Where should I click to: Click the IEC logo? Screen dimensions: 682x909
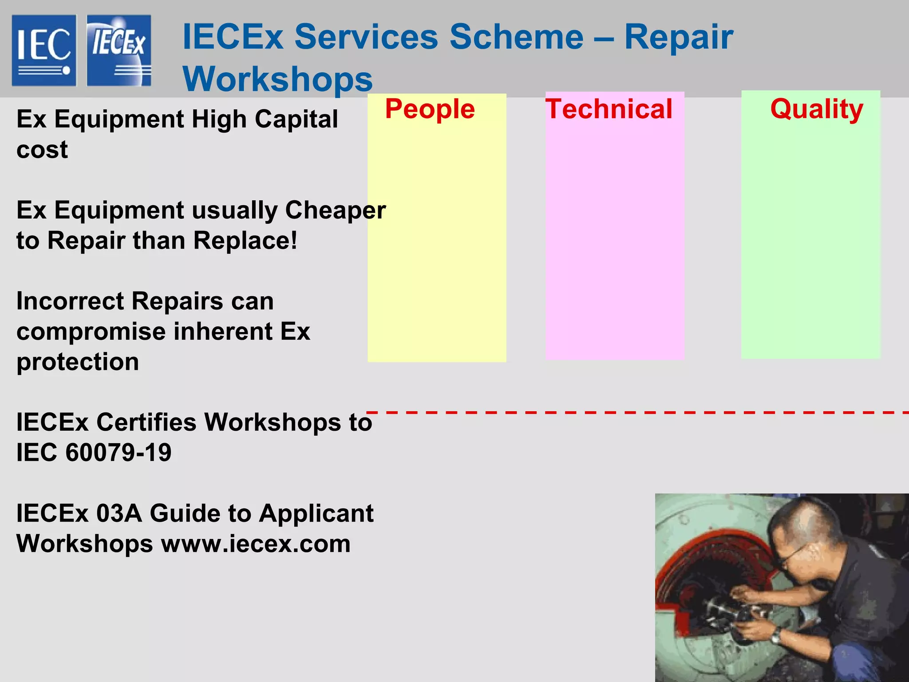tap(44, 50)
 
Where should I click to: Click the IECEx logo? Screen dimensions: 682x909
tap(119, 50)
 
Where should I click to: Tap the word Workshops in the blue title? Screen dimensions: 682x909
tap(277, 79)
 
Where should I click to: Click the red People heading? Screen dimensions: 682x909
tap(430, 109)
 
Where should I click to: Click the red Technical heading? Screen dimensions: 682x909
tap(609, 109)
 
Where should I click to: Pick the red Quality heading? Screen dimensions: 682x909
tap(816, 109)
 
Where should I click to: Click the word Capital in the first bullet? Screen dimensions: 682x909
tap(296, 119)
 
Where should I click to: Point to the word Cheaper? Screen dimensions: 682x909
tap(335, 210)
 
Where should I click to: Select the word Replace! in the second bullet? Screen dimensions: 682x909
tap(245, 241)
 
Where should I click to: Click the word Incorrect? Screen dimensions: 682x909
tap(71, 301)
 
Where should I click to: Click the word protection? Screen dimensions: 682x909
tap(78, 362)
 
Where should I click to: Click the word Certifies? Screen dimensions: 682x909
tap(146, 422)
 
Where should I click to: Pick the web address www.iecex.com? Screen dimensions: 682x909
tap(256, 544)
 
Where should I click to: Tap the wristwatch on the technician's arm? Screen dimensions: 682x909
tap(776, 638)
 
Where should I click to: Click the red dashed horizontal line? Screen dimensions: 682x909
tap(635, 413)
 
